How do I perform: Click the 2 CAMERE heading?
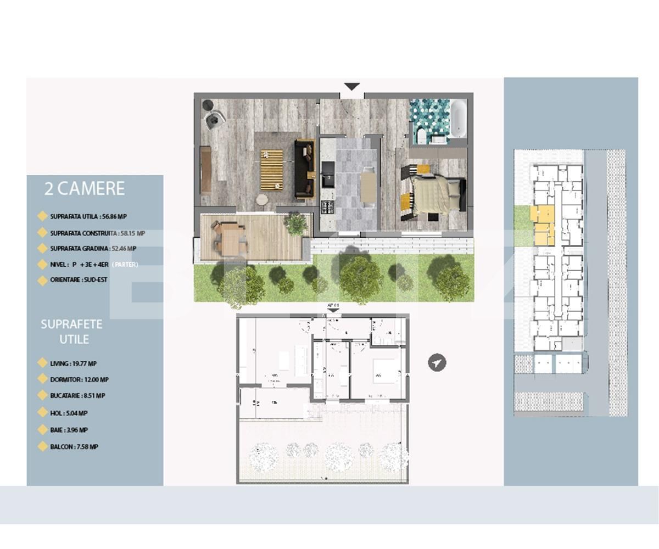click(x=84, y=189)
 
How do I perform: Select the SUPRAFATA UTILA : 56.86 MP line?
click(x=88, y=217)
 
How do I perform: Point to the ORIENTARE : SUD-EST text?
click(x=79, y=280)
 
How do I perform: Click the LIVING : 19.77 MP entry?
click(x=73, y=363)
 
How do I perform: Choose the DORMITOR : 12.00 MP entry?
click(x=79, y=379)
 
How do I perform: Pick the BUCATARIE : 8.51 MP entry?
click(x=77, y=395)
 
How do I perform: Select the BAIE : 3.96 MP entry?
click(x=69, y=430)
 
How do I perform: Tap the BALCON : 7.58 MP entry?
click(x=74, y=447)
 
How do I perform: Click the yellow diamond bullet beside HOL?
click(x=42, y=412)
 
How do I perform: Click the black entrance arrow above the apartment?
click(x=351, y=87)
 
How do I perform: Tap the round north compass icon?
click(x=437, y=363)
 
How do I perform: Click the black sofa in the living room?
click(x=304, y=169)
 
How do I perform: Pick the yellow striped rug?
click(x=271, y=170)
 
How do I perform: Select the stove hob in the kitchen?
click(x=328, y=207)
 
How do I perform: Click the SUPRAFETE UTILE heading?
click(x=71, y=332)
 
